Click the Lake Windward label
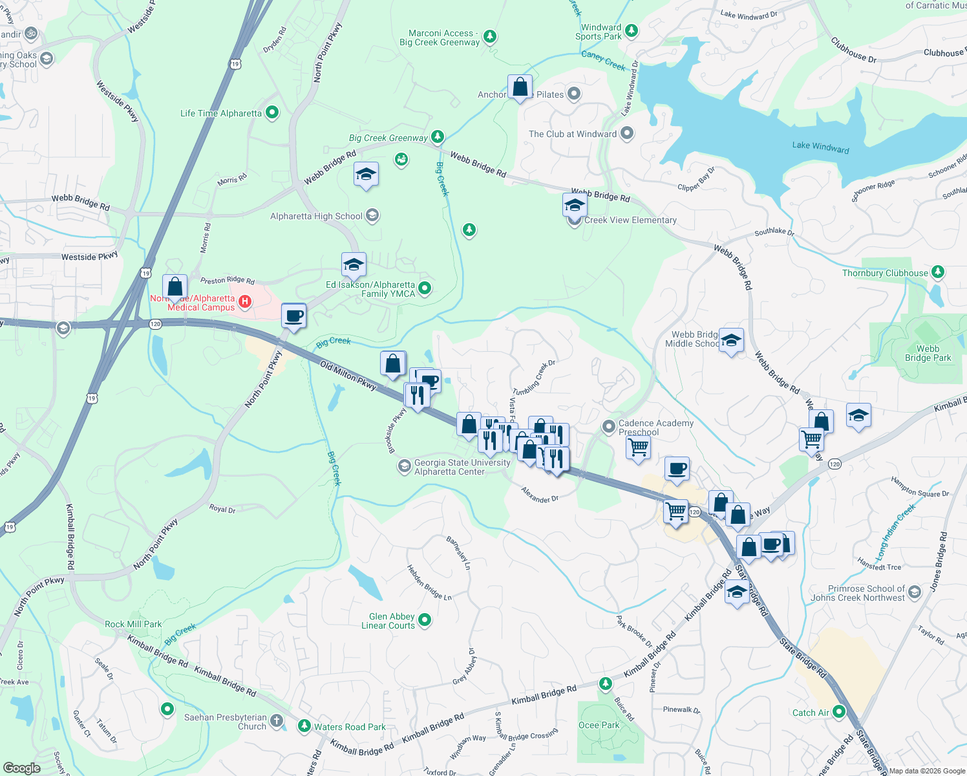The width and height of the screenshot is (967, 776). [820, 147]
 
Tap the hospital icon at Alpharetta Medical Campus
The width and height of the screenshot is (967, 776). [245, 301]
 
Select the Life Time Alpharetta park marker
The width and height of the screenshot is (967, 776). [272, 113]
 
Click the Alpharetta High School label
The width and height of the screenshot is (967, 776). [316, 216]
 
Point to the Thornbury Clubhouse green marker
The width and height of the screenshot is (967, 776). [938, 272]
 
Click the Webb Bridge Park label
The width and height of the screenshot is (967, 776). [928, 353]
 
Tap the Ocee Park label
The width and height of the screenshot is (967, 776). [598, 725]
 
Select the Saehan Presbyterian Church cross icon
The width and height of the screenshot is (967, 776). [277, 720]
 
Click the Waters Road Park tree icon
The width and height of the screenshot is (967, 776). [304, 726]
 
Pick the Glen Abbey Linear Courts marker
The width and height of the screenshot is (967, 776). [425, 620]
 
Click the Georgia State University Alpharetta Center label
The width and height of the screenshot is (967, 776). [462, 467]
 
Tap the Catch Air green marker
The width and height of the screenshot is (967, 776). [839, 712]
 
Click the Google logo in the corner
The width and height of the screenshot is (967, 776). [22, 768]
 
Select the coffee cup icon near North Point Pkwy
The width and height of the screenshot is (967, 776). [294, 316]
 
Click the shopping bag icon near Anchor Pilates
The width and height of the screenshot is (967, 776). [520, 87]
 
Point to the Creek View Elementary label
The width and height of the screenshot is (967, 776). [630, 221]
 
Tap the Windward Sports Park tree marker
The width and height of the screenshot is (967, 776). [632, 30]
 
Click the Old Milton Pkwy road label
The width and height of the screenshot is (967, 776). [348, 376]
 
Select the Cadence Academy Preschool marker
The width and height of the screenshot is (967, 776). [608, 426]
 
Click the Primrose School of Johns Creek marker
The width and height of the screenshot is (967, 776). [914, 592]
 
